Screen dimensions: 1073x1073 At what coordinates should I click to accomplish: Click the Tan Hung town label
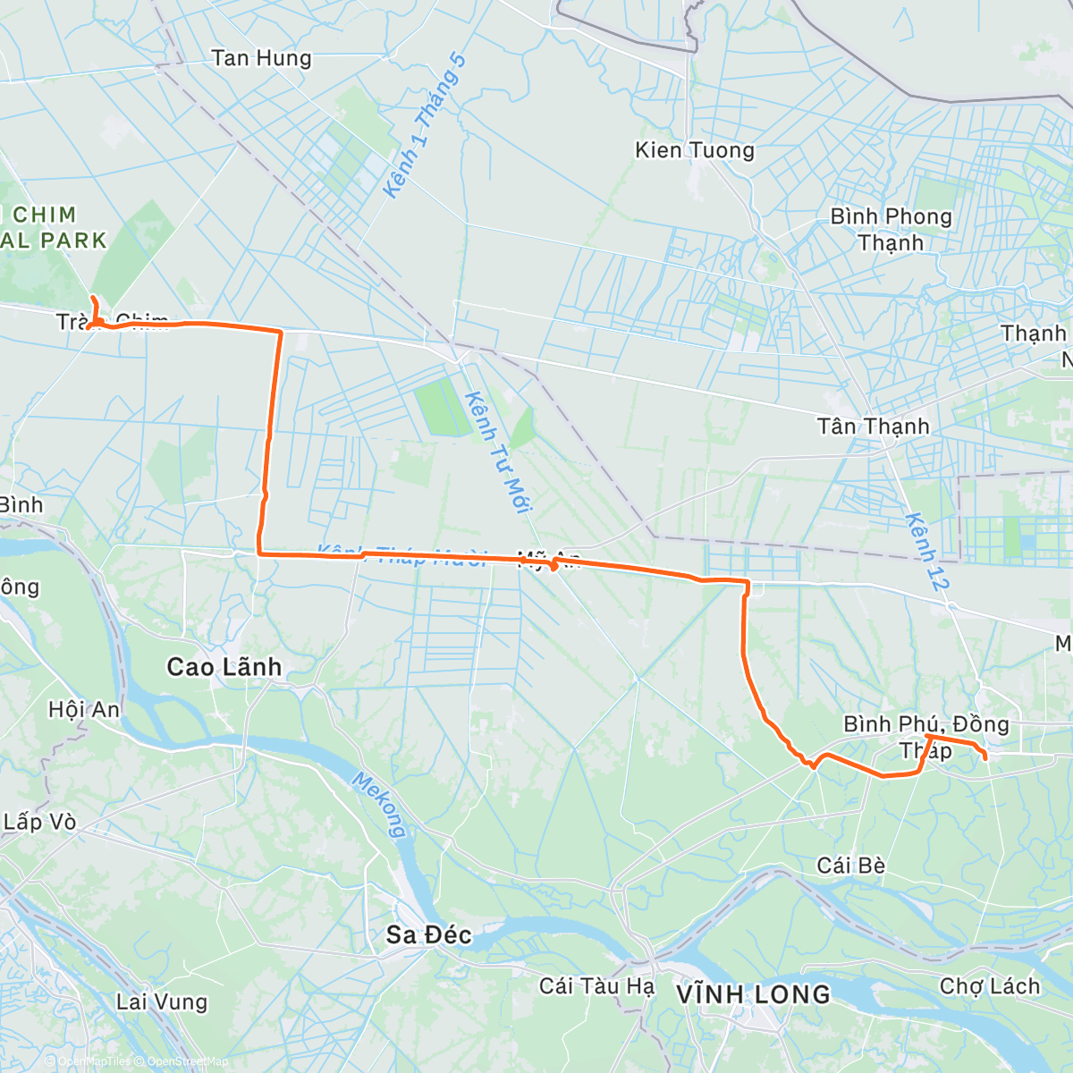pos(261,59)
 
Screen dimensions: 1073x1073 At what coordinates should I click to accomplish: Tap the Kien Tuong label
pos(695,150)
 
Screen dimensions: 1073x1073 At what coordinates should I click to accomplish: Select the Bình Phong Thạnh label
pos(891,230)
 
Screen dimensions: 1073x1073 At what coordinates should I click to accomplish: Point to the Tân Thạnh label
pos(873,427)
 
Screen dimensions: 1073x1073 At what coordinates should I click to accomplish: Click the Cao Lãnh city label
pos(224,667)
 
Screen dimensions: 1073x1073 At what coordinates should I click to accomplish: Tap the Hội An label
pos(84,710)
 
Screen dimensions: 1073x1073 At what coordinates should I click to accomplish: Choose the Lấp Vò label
pos(39,822)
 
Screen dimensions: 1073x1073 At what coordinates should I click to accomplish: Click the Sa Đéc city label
pos(428,935)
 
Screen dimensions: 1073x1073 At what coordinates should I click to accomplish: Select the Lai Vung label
pos(162,1002)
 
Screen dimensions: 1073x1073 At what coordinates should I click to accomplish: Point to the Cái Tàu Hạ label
pos(596,986)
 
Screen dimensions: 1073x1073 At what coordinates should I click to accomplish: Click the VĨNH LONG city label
pos(753,994)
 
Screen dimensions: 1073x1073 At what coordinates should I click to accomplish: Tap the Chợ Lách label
pos(990,986)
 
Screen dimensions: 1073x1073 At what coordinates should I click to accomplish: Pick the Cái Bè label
pos(851,866)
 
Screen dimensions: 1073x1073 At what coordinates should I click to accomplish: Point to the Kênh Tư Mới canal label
pos(499,452)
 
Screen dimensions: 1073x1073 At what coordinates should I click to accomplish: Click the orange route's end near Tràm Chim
pos(93,297)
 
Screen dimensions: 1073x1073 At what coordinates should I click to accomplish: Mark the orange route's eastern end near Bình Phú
pos(985,759)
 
